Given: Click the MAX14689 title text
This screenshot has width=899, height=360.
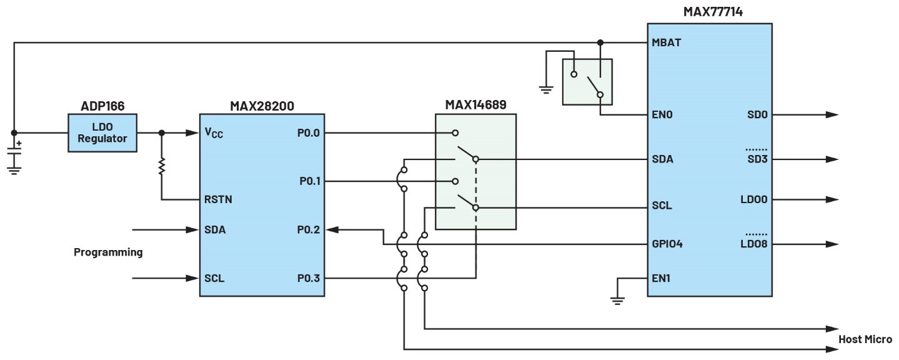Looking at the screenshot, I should point(475,104).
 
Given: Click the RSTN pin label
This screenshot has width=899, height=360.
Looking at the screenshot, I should point(217,200).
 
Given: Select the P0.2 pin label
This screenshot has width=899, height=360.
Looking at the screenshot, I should point(308,230).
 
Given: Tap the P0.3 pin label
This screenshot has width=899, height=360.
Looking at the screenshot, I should point(308,278).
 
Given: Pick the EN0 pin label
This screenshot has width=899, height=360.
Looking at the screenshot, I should point(662,115).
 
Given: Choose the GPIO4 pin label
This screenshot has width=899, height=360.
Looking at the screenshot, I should point(667,244).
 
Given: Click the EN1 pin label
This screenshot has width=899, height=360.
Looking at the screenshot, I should point(661,278).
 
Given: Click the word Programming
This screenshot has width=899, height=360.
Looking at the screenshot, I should point(108,252).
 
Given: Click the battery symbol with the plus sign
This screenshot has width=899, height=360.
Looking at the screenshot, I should point(14,150).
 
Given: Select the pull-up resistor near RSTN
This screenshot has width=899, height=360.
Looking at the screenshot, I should point(162,166).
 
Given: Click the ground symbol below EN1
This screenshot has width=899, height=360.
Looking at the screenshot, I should point(617,301).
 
